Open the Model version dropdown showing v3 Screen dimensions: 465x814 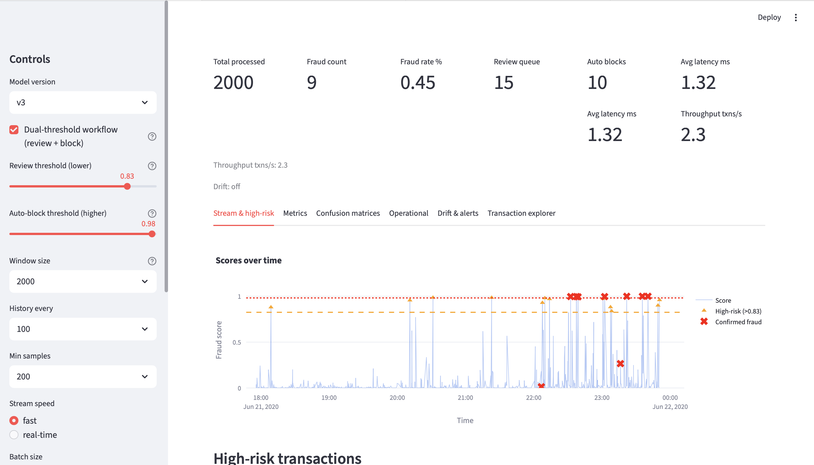click(82, 103)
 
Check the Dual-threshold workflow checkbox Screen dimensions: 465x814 click(14, 130)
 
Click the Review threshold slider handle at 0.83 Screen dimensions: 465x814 click(127, 187)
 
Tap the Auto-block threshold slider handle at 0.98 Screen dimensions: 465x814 click(152, 234)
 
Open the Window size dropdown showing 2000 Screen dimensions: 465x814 click(82, 281)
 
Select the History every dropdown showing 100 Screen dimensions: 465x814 click(82, 329)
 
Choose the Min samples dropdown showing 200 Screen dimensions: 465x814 click(82, 377)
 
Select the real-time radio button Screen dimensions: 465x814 click(14, 435)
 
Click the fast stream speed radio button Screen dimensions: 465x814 click(14, 421)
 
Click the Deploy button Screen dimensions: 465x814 click(769, 17)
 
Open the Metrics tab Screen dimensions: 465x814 click(295, 213)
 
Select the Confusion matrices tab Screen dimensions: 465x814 click(348, 213)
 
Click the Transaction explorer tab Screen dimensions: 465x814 click(521, 213)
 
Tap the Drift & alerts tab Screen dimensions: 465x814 click(458, 213)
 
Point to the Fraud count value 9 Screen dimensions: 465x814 click(311, 83)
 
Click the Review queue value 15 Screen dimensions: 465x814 click(503, 83)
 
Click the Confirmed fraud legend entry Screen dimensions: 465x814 click(738, 322)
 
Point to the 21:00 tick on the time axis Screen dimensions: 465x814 click(465, 398)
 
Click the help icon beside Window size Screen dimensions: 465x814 click(152, 261)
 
